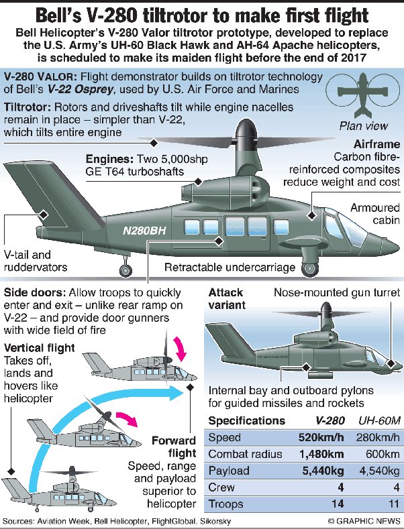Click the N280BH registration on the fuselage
pos(145,230)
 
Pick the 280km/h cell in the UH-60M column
pos(376,438)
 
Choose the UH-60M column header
pos(376,421)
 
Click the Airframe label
pos(379,144)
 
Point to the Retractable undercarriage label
pos(230,268)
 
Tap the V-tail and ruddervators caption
pos(32,260)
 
